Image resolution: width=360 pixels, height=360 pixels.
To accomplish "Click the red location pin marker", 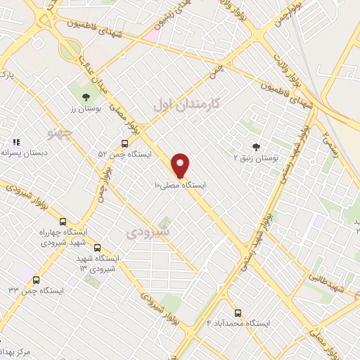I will click(181, 165).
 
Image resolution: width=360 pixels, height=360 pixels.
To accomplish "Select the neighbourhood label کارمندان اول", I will click(187, 103).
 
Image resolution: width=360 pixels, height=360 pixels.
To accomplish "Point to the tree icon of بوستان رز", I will click(86, 97).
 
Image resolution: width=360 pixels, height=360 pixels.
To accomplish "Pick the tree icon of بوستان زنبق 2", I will click(255, 146).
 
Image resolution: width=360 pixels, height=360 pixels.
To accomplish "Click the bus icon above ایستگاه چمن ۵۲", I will click(124, 141).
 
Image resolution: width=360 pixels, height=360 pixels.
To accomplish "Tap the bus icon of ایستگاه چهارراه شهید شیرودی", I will click(63, 221).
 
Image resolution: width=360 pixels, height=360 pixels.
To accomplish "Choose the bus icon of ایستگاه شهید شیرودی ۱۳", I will click(97, 247).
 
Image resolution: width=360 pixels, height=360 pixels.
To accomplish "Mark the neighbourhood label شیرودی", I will click(149, 231).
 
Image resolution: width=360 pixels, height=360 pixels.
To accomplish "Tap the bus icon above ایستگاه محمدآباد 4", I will click(238, 313).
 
